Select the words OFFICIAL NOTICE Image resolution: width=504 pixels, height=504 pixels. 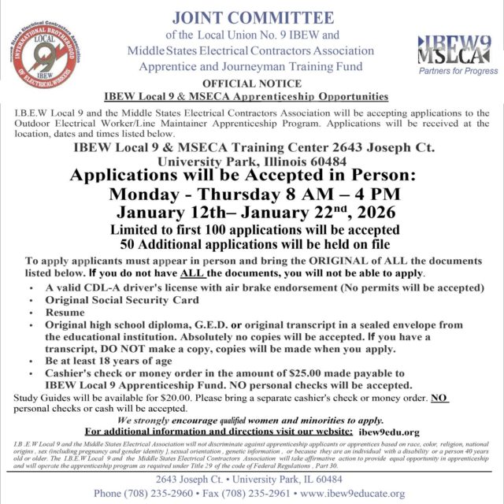coord(250,83)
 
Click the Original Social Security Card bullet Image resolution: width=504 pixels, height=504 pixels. coord(108,299)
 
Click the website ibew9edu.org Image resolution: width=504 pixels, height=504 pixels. coord(388,432)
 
